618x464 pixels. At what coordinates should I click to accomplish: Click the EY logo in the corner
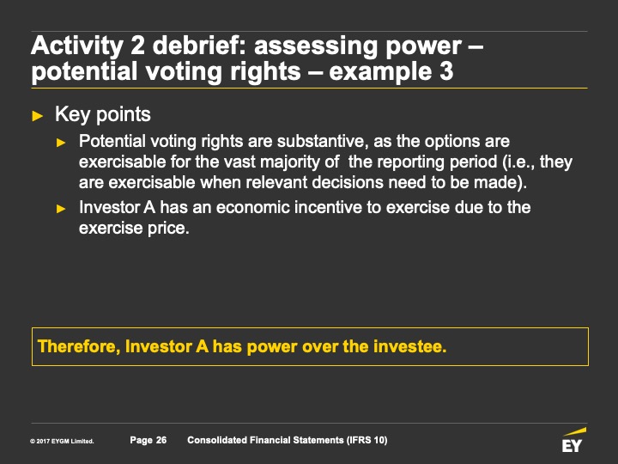coord(573,440)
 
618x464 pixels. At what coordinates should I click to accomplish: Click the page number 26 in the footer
coord(161,440)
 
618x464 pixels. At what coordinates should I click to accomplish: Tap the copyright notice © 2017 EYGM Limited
coord(62,441)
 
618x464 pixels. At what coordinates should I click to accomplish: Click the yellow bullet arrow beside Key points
coord(38,116)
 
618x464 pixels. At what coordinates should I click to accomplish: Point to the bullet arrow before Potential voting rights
coord(61,143)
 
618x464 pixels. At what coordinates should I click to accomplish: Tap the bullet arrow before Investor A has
coord(61,208)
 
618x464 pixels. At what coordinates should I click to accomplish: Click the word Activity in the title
coord(77,46)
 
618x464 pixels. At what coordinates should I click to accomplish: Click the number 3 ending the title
coord(446,71)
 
